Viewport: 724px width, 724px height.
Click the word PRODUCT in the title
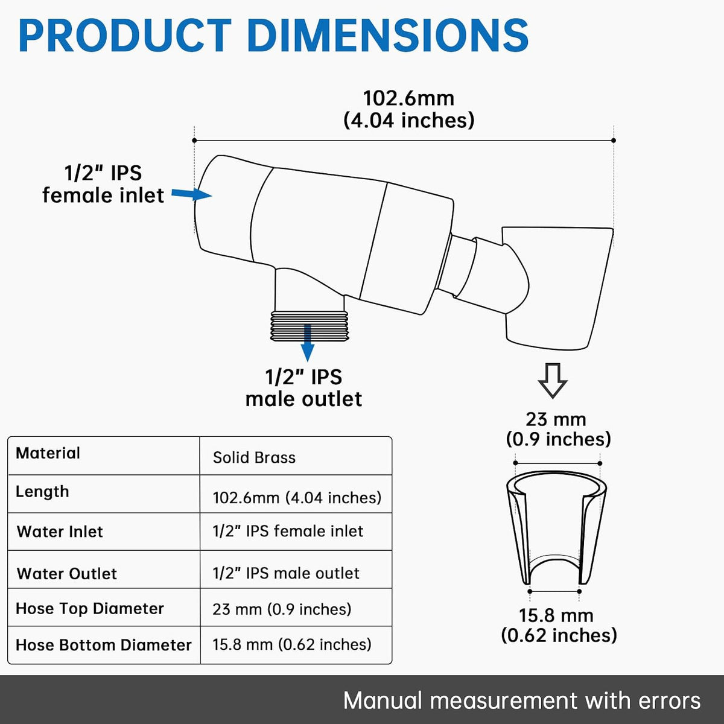(x=125, y=36)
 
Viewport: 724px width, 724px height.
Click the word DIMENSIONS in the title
(x=388, y=36)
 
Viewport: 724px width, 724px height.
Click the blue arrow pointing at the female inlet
(x=192, y=194)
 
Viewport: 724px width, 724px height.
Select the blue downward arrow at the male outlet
(x=308, y=343)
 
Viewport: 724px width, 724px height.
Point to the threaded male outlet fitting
(x=309, y=326)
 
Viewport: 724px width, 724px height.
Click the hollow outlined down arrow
(x=553, y=380)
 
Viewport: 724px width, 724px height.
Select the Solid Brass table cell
(x=254, y=457)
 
